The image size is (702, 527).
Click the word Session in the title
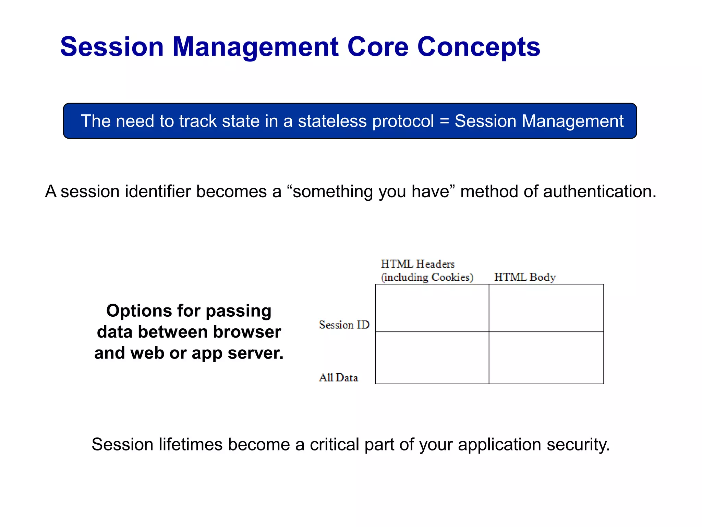112,47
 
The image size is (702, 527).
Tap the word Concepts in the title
479,47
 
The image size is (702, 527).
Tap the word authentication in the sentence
600,191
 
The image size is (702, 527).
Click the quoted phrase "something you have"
371,191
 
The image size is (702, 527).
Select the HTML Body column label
525,277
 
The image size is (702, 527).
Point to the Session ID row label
344,325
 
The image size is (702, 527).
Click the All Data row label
338,377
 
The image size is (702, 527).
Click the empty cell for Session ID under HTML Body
546,308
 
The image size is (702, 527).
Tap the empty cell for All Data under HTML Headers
432,358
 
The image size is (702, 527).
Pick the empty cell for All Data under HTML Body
546,358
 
